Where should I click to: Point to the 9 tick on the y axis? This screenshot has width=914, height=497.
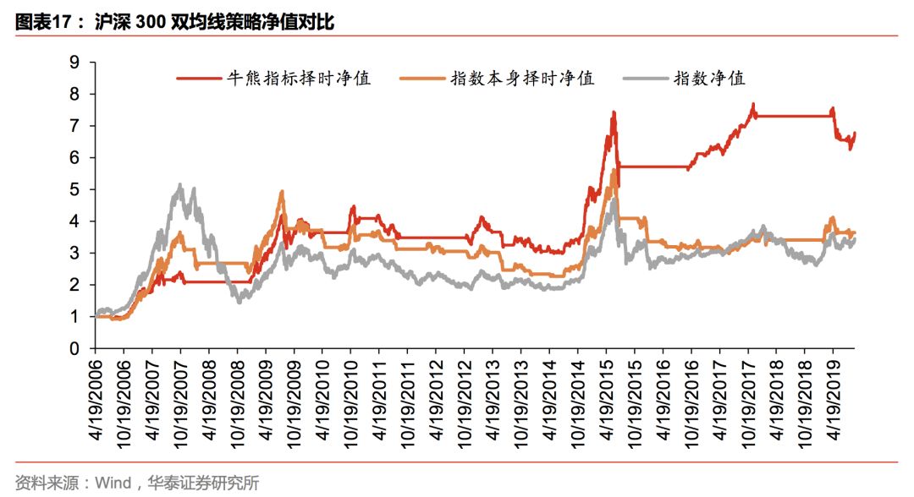point(74,62)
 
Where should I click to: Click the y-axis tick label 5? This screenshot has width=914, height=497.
point(74,189)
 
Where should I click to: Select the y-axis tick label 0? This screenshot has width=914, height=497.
point(74,348)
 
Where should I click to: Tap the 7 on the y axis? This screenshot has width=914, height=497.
point(74,126)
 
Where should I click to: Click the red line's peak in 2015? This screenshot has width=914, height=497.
point(613,112)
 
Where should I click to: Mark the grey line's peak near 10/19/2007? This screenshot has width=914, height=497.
point(180,185)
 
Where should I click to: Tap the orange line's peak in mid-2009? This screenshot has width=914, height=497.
point(282,193)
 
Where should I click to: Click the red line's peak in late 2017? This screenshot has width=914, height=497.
point(752,105)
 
